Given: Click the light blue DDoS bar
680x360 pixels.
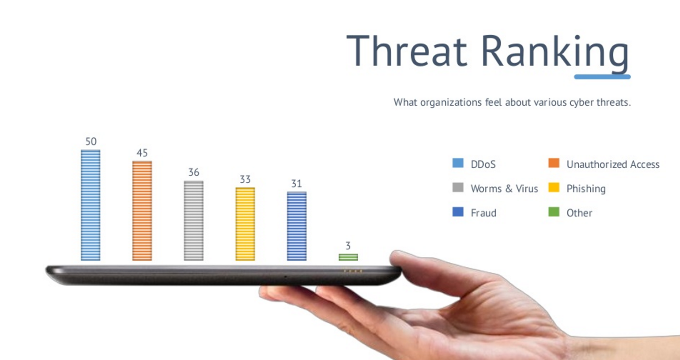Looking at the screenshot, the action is tap(91, 205).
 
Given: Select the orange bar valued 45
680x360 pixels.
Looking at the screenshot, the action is tap(142, 211).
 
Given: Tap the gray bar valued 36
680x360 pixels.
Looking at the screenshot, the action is tap(194, 221).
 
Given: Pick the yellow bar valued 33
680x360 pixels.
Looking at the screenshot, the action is tap(245, 224).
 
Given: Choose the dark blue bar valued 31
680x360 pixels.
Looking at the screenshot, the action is tap(297, 226).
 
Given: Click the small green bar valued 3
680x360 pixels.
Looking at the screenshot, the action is tap(348, 257).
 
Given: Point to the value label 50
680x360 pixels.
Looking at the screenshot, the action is tap(91, 142).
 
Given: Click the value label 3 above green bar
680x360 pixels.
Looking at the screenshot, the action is tap(348, 245).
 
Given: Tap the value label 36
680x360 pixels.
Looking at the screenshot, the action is tap(194, 173).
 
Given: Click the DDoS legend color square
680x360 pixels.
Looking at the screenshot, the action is tap(458, 163).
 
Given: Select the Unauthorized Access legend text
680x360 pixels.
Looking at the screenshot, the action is tap(613, 164).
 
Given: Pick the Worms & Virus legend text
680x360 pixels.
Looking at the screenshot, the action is tap(504, 189).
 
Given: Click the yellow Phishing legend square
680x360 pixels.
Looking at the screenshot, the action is tap(554, 187).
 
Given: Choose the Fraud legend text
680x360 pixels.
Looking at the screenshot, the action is tap(484, 213).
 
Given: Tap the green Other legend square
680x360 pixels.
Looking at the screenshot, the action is tap(554, 212).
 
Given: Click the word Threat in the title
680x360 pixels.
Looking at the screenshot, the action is tap(407, 51).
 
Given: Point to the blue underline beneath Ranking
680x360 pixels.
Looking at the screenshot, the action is tap(602, 77).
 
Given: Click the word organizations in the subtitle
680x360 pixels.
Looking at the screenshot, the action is tap(451, 102).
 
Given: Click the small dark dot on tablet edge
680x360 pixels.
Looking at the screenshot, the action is tap(285, 277).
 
